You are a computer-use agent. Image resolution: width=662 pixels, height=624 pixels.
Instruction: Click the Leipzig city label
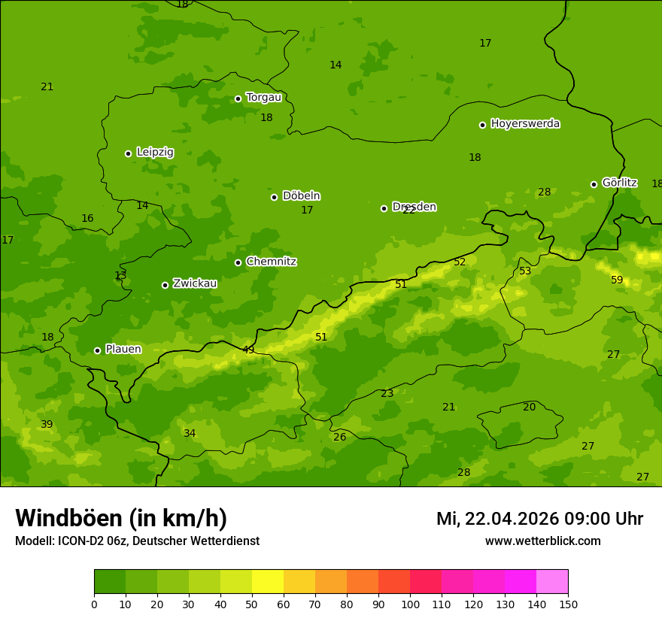pos(155,153)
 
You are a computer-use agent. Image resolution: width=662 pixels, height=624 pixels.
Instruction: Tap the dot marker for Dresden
pos(384,208)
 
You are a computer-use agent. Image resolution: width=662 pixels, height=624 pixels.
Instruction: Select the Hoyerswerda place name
pos(525,124)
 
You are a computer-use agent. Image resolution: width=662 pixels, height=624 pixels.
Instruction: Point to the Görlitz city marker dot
pos(594,184)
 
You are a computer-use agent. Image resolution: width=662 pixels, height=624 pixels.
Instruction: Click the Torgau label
pos(263,98)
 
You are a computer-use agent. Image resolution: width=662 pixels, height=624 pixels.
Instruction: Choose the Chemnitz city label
pos(271,262)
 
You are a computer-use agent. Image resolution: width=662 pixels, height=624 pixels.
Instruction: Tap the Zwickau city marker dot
pos(165,285)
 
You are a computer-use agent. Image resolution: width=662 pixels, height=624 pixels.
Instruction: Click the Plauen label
pos(123,350)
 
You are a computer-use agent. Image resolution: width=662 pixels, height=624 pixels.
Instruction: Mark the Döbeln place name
pos(301,196)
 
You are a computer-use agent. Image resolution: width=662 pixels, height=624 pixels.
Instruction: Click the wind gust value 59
pos(617,280)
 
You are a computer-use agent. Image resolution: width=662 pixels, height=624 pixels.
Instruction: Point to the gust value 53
pos(525,271)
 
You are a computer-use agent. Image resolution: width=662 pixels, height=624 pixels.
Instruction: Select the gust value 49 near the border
pos(248,350)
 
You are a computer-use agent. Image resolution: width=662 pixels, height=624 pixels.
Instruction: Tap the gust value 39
pos(47,425)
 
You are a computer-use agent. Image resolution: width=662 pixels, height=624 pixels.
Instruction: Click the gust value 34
pos(190,434)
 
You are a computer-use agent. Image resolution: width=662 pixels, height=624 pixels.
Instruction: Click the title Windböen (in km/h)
pos(121,518)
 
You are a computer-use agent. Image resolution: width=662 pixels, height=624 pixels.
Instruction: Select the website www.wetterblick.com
pos(542,541)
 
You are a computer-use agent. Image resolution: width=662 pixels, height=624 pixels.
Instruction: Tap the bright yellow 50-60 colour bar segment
pos(268,582)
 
